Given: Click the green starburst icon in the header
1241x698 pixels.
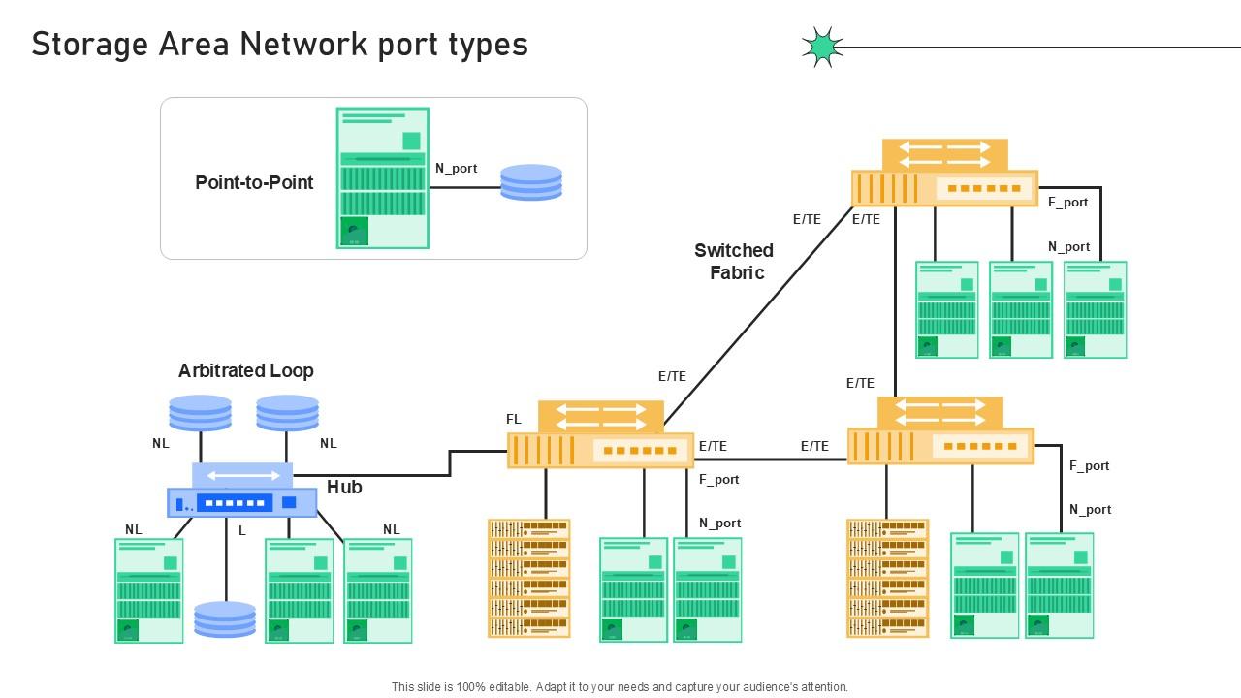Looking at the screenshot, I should pyautogui.click(x=822, y=47).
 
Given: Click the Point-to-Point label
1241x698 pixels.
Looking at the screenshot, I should pyautogui.click(x=254, y=182).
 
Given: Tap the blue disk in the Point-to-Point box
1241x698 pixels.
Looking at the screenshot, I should pyautogui.click(x=531, y=182).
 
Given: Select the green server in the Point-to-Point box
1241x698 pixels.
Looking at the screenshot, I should pyautogui.click(x=383, y=178).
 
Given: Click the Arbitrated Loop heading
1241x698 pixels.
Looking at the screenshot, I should pyautogui.click(x=245, y=370).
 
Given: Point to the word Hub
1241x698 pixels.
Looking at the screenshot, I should pyautogui.click(x=344, y=487).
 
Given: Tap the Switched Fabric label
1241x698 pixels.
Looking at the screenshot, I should pyautogui.click(x=735, y=262).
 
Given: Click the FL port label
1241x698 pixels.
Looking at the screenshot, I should pyautogui.click(x=514, y=419).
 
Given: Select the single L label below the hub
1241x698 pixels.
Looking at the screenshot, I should pyautogui.click(x=242, y=530).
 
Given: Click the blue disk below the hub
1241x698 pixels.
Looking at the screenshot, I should pyautogui.click(x=225, y=619).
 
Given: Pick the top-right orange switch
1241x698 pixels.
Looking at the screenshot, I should pyautogui.click(x=944, y=174).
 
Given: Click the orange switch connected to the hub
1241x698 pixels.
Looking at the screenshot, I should pyautogui.click(x=601, y=436).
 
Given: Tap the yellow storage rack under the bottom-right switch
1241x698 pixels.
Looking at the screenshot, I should pyautogui.click(x=887, y=578).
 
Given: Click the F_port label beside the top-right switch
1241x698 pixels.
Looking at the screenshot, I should pyautogui.click(x=1067, y=202).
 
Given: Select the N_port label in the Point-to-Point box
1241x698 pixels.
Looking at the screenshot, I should pyautogui.click(x=456, y=168).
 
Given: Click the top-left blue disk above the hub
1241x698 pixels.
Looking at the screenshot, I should pyautogui.click(x=201, y=412).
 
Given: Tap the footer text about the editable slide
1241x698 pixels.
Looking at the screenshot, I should pyautogui.click(x=620, y=686).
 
